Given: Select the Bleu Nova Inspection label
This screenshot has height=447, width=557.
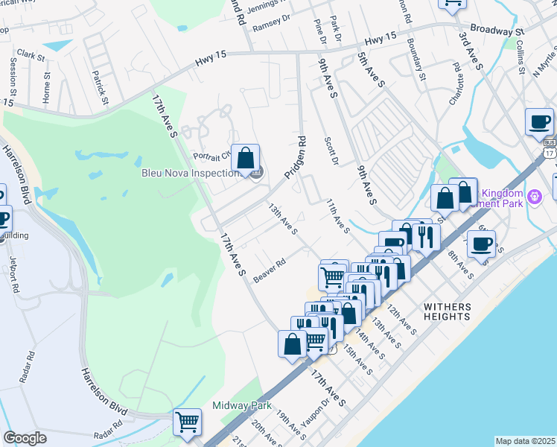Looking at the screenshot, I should click(190, 173).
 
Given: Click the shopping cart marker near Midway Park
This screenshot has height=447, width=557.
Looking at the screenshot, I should click(188, 422).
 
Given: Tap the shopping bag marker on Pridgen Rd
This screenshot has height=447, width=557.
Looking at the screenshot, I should click(245, 158).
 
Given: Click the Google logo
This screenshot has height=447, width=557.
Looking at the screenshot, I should click(25, 438).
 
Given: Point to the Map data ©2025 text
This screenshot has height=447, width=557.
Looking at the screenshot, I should click(526, 441).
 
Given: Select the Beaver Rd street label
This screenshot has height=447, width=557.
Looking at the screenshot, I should click(270, 270).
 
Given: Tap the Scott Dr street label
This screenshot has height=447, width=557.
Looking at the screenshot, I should click(331, 150).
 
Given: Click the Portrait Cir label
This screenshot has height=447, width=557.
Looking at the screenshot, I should click(212, 156).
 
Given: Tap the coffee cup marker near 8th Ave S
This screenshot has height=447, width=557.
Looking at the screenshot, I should click(482, 244).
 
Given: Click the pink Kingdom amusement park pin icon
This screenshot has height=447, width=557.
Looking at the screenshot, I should click(532, 197).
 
